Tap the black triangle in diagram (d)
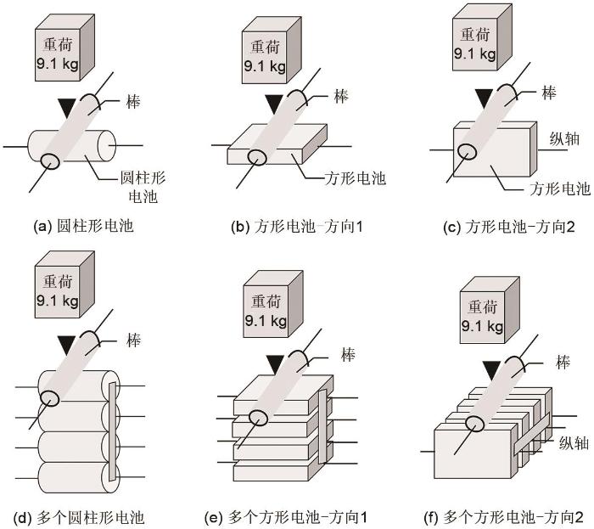click(x=64, y=344)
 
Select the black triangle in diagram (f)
click(x=490, y=369)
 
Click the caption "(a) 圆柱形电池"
click(x=82, y=227)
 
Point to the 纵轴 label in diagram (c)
click(x=563, y=138)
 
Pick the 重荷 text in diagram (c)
click(x=474, y=35)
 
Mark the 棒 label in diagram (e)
click(x=345, y=352)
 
